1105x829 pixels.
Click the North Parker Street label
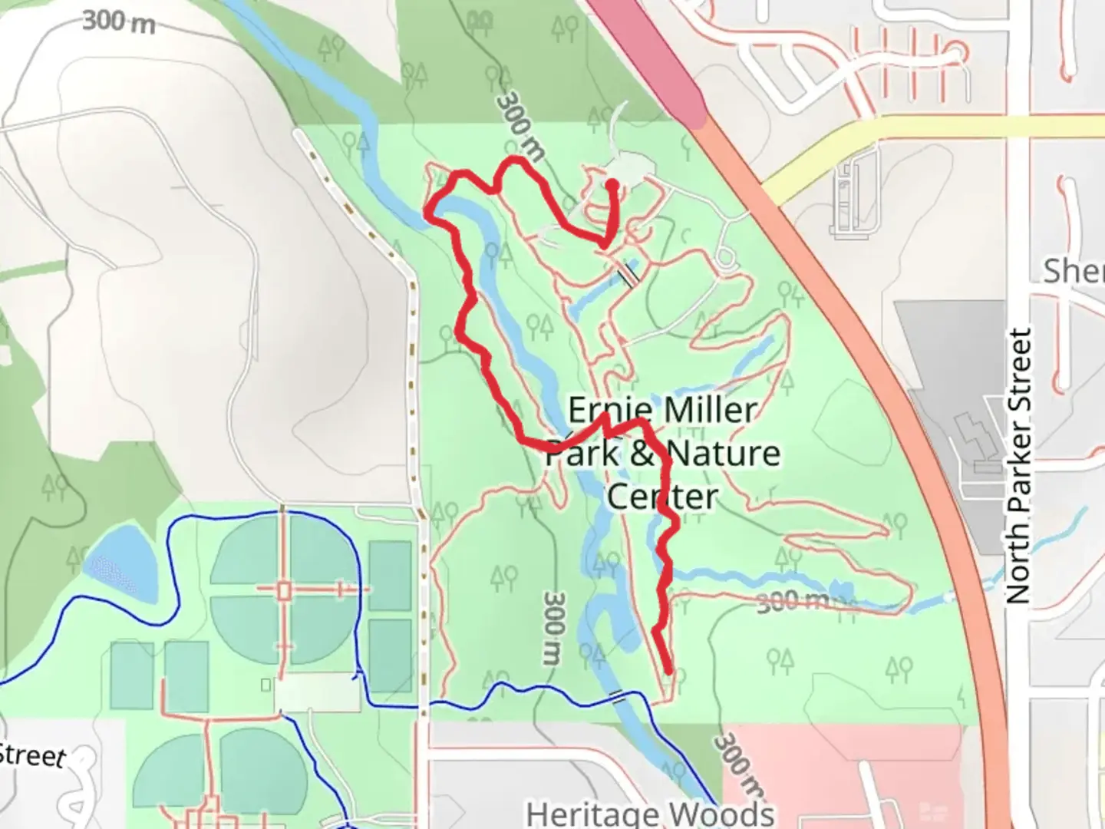(1019, 466)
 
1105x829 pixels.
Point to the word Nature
(723, 453)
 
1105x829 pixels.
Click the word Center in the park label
(662, 497)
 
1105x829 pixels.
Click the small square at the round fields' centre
(284, 590)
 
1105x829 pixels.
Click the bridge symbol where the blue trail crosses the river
(617, 697)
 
